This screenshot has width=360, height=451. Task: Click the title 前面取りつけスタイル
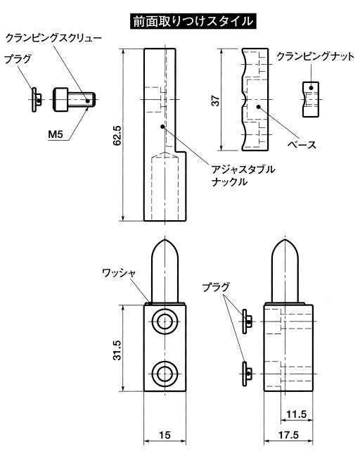(193, 21)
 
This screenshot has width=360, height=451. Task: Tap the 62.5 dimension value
(117, 135)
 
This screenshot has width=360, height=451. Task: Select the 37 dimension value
(215, 101)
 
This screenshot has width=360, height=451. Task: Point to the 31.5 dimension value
(117, 350)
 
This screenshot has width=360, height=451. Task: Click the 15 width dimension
(165, 435)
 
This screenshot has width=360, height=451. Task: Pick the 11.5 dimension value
(297, 414)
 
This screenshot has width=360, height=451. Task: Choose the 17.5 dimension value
(288, 435)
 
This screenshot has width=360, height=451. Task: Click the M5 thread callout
(56, 134)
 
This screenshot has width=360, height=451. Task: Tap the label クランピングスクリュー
(53, 38)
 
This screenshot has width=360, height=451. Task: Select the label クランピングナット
(315, 56)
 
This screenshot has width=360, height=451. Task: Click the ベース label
(302, 144)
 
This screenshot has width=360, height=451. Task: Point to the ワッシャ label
(119, 273)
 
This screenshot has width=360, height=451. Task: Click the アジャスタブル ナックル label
(243, 175)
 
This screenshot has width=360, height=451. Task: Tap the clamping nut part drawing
(311, 99)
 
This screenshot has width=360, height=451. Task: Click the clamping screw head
(60, 99)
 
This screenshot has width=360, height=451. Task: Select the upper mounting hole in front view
(165, 322)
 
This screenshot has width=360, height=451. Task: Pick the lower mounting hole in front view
(165, 374)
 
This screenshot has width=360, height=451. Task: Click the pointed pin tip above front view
(165, 240)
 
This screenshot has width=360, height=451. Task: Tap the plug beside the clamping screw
(37, 99)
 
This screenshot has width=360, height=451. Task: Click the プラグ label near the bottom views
(216, 287)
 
